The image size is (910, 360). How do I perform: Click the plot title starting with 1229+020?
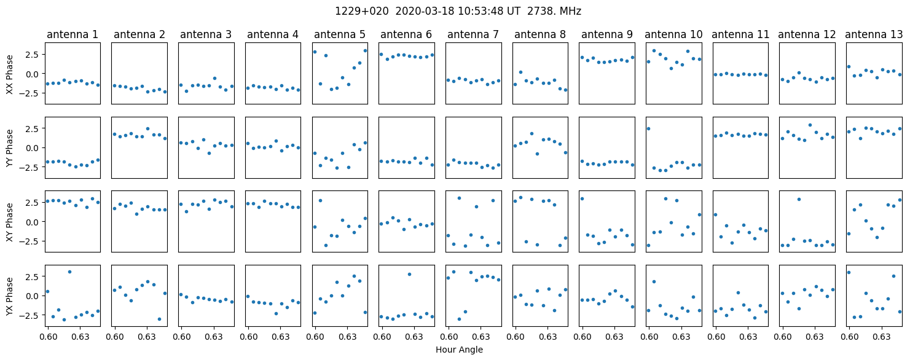click(458, 11)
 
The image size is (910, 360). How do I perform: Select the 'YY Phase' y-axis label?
click(9, 147)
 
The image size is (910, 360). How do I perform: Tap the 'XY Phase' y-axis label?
click(9, 221)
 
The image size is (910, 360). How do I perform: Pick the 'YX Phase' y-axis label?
click(9, 295)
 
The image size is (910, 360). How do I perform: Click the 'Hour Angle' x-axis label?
click(458, 350)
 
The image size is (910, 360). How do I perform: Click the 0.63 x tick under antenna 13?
click(882, 337)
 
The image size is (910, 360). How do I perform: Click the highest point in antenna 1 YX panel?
click(70, 272)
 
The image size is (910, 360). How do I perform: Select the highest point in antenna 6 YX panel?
click(409, 274)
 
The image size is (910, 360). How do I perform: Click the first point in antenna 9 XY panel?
click(582, 198)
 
